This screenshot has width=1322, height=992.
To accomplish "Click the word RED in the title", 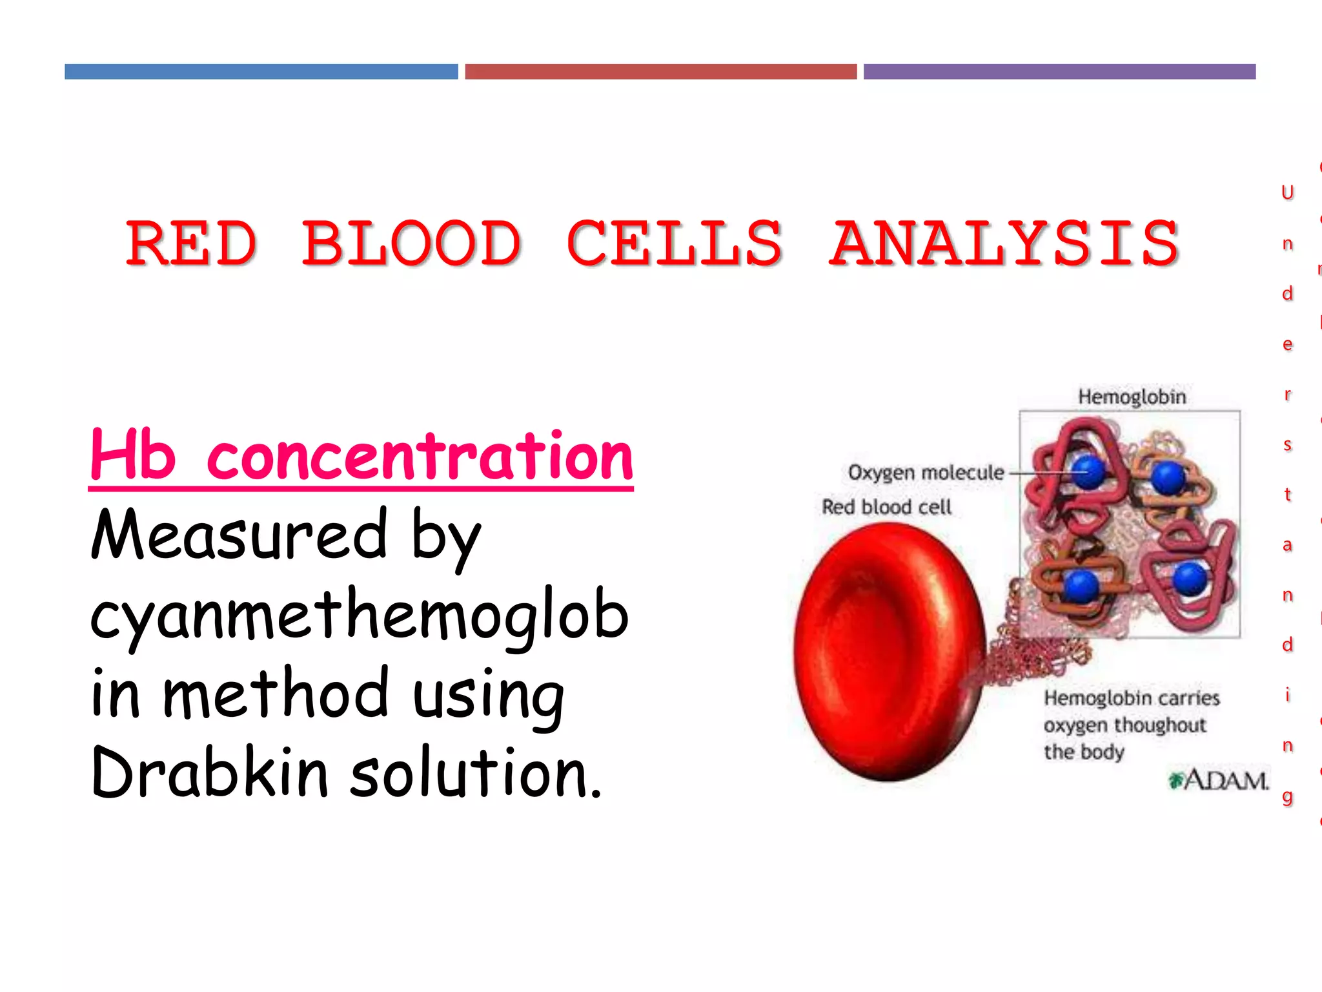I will pyautogui.click(x=191, y=243).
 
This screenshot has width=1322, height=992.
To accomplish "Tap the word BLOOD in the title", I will pyautogui.click(x=411, y=243).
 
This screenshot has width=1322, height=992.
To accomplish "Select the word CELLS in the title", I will pyautogui.click(x=675, y=243).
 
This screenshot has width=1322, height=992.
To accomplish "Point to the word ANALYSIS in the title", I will pyautogui.click(x=1004, y=243).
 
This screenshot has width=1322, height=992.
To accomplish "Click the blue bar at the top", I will pyautogui.click(x=261, y=72).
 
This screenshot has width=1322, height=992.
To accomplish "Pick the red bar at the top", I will pyautogui.click(x=660, y=72).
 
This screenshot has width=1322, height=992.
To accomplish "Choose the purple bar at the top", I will pyautogui.click(x=1059, y=72).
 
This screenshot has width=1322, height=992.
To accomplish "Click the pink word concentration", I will pyautogui.click(x=420, y=457).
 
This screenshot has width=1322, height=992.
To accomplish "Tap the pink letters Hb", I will pyautogui.click(x=132, y=455).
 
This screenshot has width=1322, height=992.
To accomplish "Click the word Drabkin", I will pyautogui.click(x=210, y=772).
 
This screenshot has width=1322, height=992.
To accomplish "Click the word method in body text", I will pyautogui.click(x=276, y=694).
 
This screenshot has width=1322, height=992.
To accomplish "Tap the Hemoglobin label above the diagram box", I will pyautogui.click(x=1132, y=397).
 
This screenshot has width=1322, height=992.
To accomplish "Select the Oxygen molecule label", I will pyautogui.click(x=926, y=473).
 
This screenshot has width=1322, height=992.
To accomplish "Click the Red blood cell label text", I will pyautogui.click(x=886, y=507).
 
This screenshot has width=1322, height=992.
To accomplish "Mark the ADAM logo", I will pyautogui.click(x=1219, y=780).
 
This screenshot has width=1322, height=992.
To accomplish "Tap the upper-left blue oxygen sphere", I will pyautogui.click(x=1088, y=472).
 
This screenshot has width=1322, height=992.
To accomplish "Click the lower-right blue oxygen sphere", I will pyautogui.click(x=1189, y=579).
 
